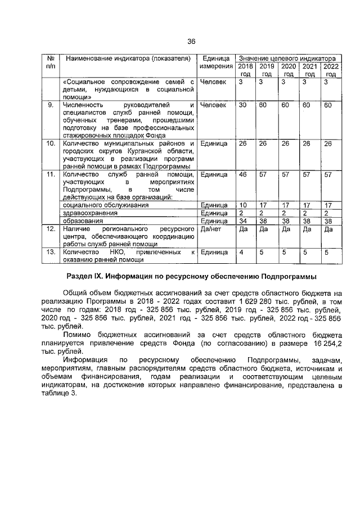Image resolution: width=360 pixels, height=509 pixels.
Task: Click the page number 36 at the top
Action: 191,42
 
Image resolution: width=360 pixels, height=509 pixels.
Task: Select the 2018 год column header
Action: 245,70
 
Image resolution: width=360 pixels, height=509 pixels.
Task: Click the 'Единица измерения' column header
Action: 217,62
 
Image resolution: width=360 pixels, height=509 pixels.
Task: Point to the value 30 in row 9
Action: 243,105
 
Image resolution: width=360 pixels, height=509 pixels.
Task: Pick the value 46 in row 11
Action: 243,174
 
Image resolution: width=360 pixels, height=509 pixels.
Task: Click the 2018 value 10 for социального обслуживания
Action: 243,205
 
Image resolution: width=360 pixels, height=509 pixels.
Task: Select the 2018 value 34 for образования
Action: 243,221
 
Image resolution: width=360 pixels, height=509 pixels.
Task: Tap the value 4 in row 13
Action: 241,253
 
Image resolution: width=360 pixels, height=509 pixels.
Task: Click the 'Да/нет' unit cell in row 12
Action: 209,229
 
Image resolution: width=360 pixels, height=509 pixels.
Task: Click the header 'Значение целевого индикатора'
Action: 288,58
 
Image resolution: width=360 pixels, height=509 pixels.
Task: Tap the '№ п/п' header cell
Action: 51,62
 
